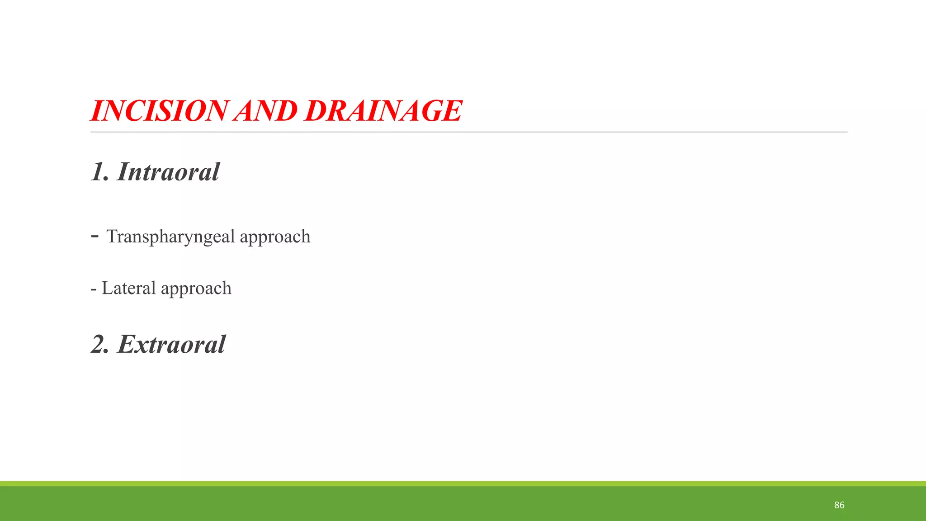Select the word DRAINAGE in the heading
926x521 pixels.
[x=383, y=111]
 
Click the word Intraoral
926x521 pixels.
[x=168, y=172]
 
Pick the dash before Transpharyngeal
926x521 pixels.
[x=94, y=236]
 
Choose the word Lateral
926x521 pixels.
[x=128, y=288]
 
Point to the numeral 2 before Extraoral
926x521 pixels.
[x=99, y=345]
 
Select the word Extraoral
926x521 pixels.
[x=171, y=345]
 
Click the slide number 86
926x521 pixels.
[x=839, y=505]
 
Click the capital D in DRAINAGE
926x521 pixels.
[x=317, y=111]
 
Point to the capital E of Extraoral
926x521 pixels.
[x=127, y=345]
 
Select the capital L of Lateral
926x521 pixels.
[x=107, y=288]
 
